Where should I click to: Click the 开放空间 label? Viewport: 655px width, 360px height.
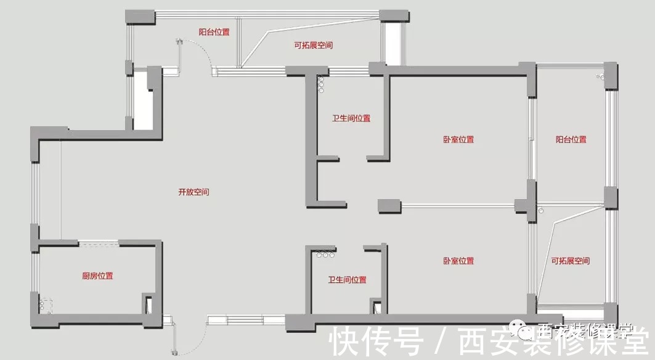coord(194,192)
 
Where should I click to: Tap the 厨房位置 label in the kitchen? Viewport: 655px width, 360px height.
coord(97,276)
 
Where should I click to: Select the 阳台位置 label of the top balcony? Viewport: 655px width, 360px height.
coord(214,31)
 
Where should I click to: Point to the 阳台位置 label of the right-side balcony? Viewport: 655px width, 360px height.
coord(571,140)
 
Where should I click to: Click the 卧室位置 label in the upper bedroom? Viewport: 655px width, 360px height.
coord(458,140)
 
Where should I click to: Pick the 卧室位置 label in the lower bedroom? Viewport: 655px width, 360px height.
coord(458,261)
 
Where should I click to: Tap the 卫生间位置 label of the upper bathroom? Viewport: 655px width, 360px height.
coord(351,118)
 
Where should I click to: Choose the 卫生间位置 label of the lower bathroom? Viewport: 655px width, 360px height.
coord(348,280)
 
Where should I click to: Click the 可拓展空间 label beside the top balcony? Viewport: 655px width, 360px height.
coord(313,46)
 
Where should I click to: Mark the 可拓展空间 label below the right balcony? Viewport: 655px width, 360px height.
coord(570,261)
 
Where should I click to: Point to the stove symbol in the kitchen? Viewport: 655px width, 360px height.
coord(47,305)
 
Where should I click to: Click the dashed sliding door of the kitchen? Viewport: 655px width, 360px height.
coord(99,245)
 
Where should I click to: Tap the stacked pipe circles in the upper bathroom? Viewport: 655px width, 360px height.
coord(320,84)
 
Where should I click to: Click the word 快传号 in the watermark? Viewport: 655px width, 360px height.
coord(376,342)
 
